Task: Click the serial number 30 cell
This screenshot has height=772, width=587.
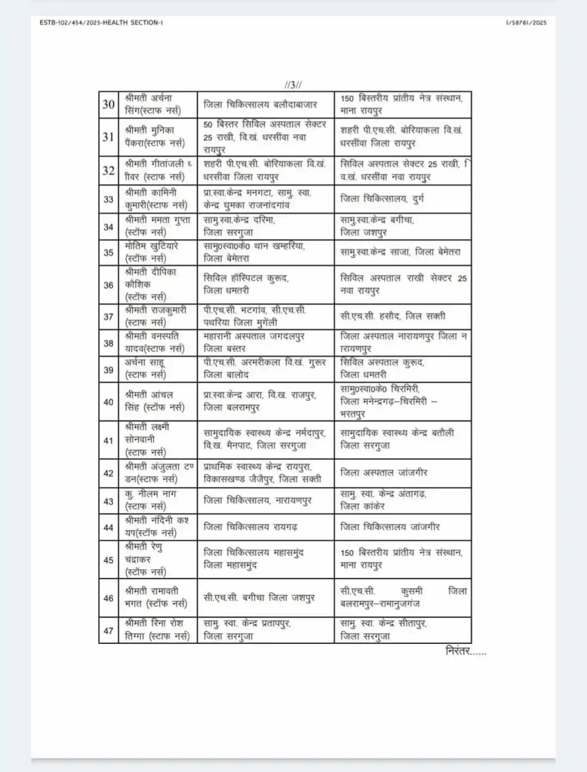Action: (x=108, y=104)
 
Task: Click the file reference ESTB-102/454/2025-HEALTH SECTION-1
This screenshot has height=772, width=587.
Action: (x=100, y=23)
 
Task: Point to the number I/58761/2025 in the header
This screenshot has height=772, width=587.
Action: (x=526, y=23)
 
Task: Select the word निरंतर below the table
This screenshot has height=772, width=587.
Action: (x=466, y=651)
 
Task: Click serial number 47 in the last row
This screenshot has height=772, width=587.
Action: (x=108, y=630)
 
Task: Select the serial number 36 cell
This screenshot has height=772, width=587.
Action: (x=108, y=285)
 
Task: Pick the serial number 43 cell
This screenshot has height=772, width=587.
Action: (x=108, y=499)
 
